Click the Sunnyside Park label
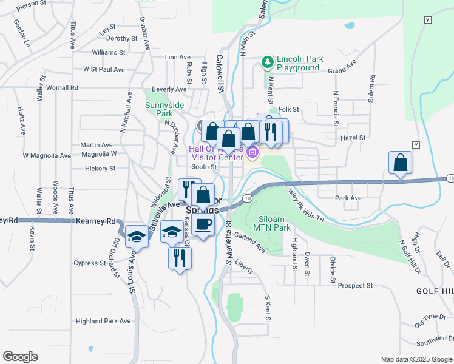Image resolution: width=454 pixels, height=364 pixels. [x=164, y=109]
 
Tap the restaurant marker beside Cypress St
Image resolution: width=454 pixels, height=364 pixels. [x=180, y=258]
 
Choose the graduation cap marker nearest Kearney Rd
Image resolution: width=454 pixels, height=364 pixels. [x=137, y=235]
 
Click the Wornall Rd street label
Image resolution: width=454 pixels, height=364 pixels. [x=62, y=88]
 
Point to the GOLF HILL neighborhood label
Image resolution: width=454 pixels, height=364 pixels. [x=435, y=292]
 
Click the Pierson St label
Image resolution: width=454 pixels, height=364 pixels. [x=32, y=4]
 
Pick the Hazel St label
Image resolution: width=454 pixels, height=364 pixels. [x=353, y=138]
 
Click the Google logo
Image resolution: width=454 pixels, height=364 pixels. [x=20, y=357]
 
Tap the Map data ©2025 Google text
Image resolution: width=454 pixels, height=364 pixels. [x=416, y=359]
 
